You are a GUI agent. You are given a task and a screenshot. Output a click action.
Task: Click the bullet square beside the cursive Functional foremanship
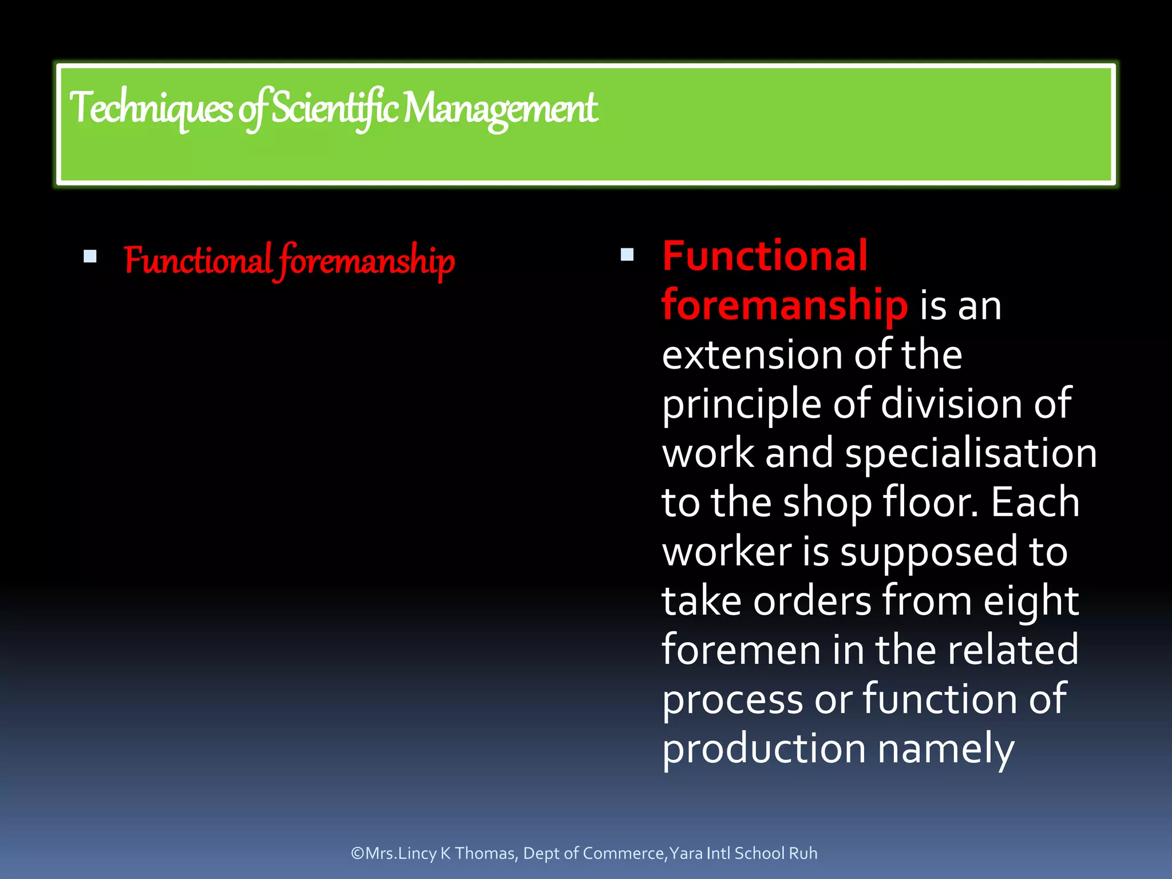[90, 256]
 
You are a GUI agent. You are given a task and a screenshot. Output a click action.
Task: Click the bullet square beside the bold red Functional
[627, 255]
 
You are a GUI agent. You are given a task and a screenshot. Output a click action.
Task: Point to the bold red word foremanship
[784, 305]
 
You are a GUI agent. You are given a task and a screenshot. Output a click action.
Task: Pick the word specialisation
[971, 454]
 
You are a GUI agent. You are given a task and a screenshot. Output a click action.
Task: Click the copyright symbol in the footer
[358, 853]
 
